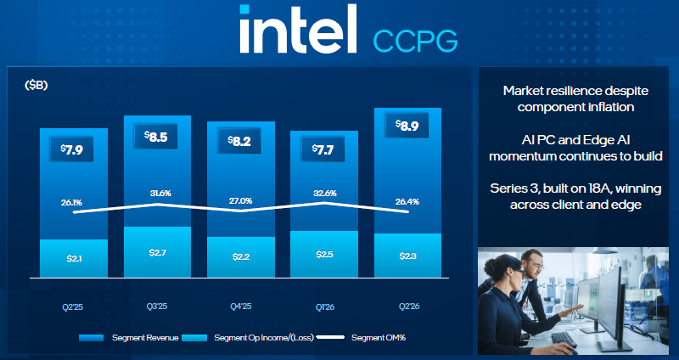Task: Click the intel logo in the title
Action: point(298,29)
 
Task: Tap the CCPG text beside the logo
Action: point(415,42)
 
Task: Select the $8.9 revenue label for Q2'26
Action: point(407,125)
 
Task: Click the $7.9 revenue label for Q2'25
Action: point(71,149)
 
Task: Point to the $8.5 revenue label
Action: point(155,136)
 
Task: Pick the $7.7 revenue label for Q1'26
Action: point(323,149)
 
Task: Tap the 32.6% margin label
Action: point(325,194)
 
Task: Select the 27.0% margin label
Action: point(241,201)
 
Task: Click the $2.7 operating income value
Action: point(157,252)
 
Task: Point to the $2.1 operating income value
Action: point(74,259)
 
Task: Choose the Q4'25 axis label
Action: point(241,307)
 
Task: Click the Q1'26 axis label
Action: point(324,307)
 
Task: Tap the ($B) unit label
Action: point(36,86)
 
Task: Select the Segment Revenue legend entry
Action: point(129,337)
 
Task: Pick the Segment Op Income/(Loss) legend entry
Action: point(248,337)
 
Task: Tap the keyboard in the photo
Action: point(564,338)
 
